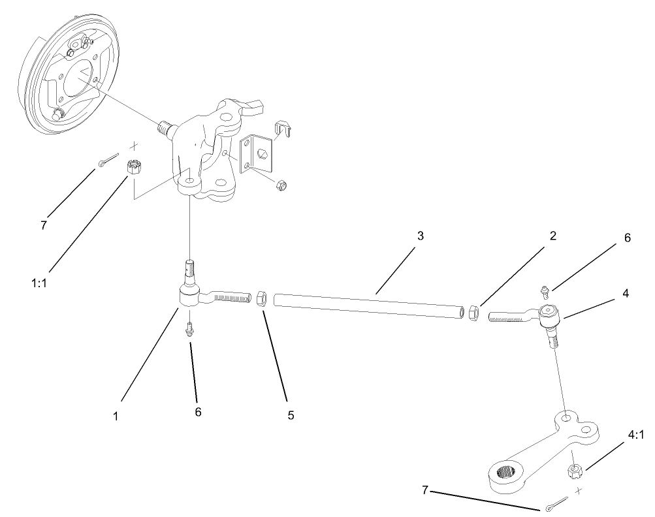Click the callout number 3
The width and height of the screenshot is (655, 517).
pos(421,236)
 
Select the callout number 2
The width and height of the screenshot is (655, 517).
pos(552,236)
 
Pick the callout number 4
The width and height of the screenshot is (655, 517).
pos(626,294)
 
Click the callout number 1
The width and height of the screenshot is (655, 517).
pos(116,415)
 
